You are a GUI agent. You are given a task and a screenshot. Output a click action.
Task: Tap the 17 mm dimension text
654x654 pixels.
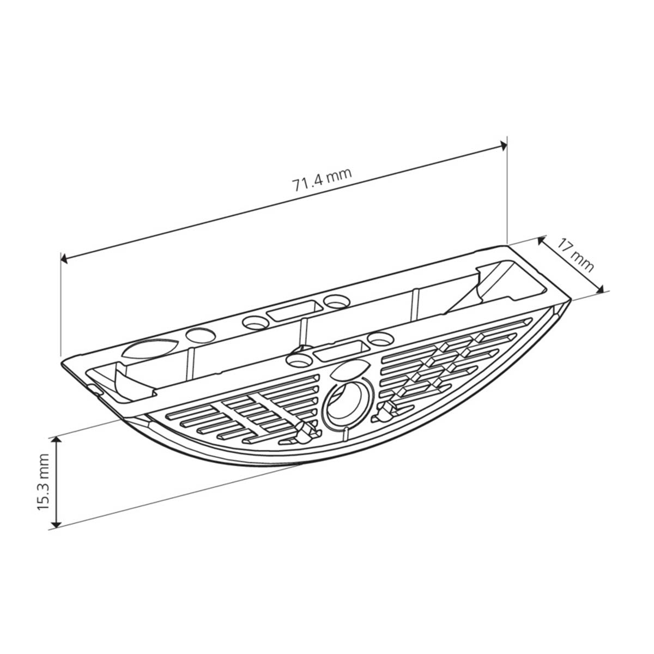[x=576, y=257]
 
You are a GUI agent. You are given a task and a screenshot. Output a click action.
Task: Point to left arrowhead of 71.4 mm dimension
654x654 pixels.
[x=64, y=259]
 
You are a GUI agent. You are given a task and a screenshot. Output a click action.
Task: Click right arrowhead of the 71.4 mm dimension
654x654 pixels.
[x=503, y=146]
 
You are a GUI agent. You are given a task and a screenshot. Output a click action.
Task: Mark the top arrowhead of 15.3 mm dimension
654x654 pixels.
[x=57, y=440]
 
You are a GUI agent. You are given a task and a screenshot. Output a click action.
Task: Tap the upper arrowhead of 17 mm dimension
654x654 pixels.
[x=542, y=241]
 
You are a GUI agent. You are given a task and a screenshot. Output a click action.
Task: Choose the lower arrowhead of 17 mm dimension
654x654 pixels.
[x=599, y=289]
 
